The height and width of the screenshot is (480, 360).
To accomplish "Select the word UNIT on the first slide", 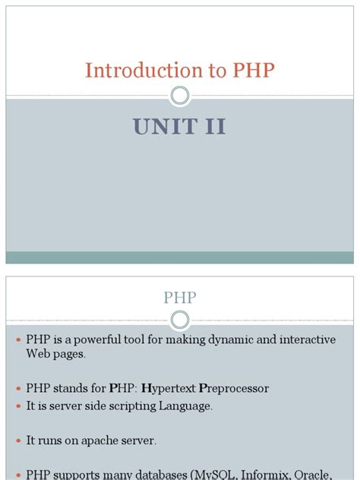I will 162,127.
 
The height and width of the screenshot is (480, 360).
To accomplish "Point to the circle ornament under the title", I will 180,95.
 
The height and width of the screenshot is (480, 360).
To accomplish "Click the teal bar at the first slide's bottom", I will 180,257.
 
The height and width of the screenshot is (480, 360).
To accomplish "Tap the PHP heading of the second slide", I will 180,297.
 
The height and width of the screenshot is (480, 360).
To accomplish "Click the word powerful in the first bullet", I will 87,339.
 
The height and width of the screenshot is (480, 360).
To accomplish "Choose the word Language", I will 185,406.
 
